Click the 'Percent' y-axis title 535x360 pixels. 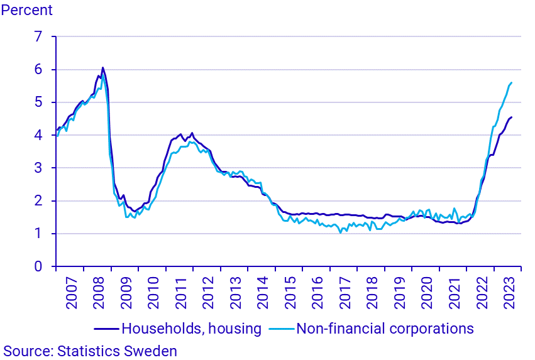(27, 11)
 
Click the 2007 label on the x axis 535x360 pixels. (71, 292)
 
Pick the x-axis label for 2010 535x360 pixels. (153, 292)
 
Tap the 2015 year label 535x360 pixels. (290, 292)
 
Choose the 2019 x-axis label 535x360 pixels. (399, 292)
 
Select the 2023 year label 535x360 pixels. (508, 292)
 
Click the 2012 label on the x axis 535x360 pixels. (207, 292)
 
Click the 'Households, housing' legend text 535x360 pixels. (191, 328)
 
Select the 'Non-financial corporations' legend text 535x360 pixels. (384, 328)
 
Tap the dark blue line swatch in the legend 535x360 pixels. (106, 329)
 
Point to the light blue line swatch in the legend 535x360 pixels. (281, 329)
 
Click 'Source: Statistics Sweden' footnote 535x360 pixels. (91, 351)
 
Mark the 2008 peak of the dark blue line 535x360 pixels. (102, 68)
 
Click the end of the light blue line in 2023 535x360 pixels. (512, 82)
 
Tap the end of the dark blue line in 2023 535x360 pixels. (512, 117)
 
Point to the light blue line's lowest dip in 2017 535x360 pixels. (340, 232)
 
